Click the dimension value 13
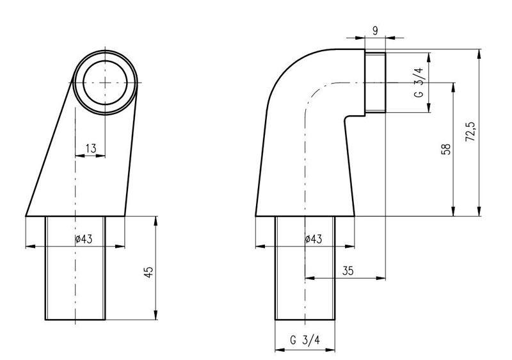click(x=91, y=149)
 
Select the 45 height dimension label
click(x=148, y=272)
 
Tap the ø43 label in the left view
click(x=84, y=239)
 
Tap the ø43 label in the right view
click(x=314, y=239)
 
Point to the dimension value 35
click(x=348, y=270)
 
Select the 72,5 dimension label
click(x=470, y=131)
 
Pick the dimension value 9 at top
click(x=375, y=31)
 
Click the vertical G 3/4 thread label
click(x=419, y=83)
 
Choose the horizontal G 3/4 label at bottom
click(x=305, y=340)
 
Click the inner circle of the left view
click(x=105, y=83)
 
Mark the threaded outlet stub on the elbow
click(x=375, y=83)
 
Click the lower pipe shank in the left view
click(x=76, y=268)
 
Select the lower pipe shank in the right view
click(x=305, y=268)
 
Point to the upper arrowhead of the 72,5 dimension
click(x=479, y=54)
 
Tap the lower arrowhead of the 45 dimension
click(x=156, y=315)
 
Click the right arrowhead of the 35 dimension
click(x=381, y=279)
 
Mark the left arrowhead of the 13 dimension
click(x=80, y=156)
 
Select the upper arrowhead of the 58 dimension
click(x=453, y=87)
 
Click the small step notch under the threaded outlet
click(x=355, y=116)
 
